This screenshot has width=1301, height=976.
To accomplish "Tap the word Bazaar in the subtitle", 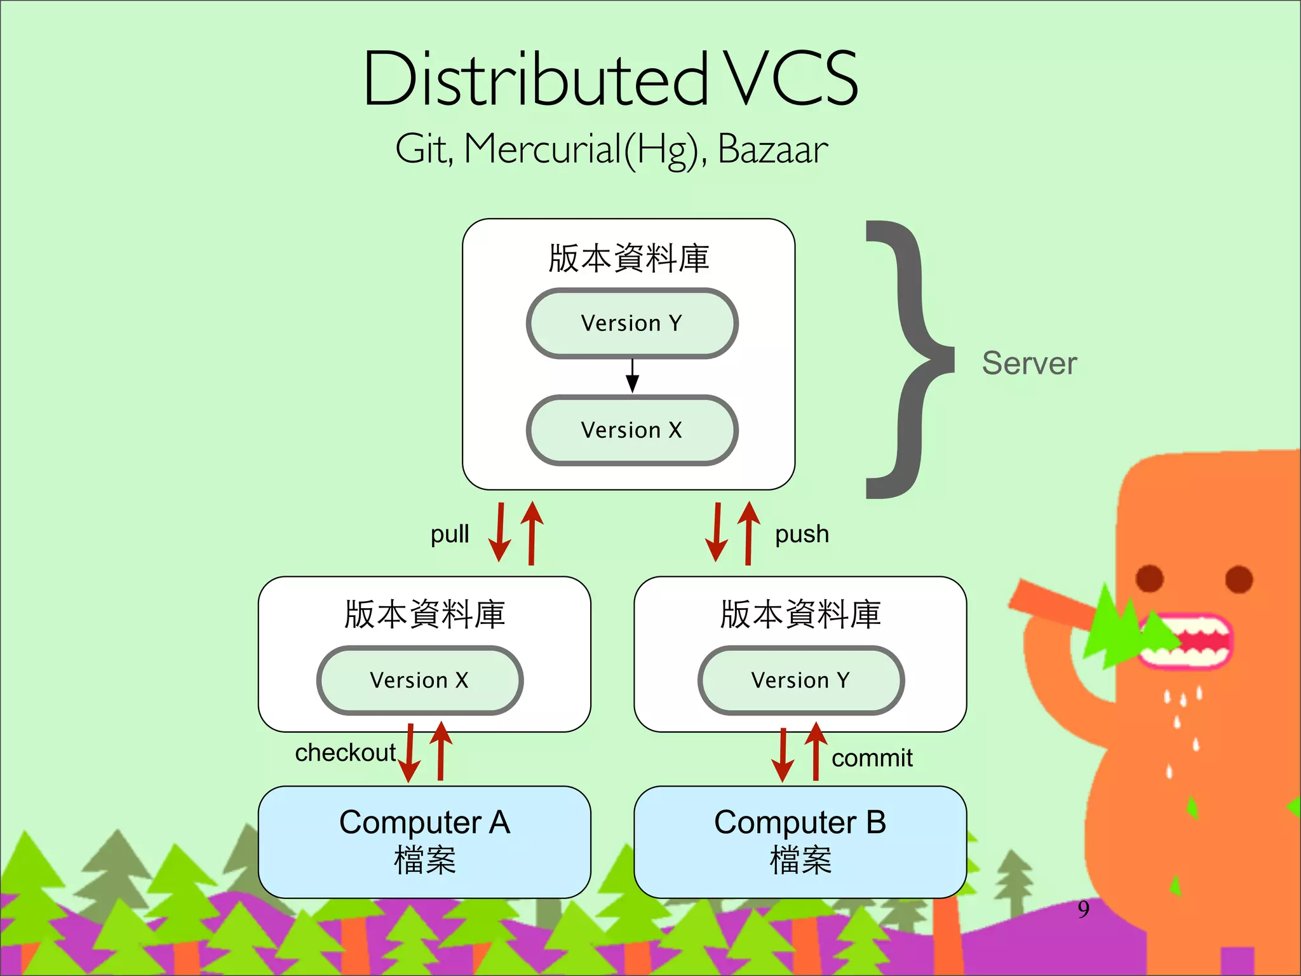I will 772,150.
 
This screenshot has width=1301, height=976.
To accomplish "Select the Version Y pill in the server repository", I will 631,323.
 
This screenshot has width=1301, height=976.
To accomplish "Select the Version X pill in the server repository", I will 631,430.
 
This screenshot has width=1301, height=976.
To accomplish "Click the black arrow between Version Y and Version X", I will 632,376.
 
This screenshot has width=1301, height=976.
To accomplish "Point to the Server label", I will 1029,363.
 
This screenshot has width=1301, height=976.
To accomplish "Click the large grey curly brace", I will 908,360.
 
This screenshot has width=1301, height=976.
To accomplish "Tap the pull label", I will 450,534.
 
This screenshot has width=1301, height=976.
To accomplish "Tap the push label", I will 802,534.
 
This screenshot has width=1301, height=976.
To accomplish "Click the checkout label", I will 345,752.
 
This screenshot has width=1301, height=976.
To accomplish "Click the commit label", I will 872,758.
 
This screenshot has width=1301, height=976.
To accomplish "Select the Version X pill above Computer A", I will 419,681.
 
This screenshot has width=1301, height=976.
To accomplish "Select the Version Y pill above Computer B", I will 800,681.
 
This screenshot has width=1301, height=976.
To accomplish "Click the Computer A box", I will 424,842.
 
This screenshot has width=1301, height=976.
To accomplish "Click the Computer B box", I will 800,842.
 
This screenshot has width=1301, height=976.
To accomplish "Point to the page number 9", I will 1083,909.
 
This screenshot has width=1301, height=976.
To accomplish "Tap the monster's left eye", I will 1149,578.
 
